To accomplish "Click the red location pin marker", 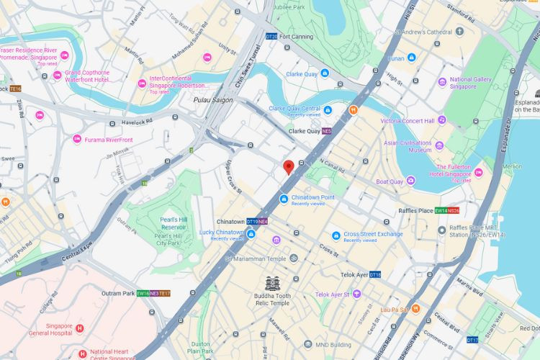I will pos(289,167).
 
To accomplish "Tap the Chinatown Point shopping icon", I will pos(284,198).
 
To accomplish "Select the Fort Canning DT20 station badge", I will pos(271,36).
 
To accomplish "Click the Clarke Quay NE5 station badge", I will pos(326,131).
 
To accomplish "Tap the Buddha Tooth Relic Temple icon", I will pos(273,283).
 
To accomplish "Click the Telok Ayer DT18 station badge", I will pos(375,275).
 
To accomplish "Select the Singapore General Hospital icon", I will pos(80,328).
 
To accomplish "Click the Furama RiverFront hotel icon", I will pos(77,139).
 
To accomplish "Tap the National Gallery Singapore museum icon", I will pos(442,83).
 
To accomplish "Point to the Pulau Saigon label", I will pos(213,100).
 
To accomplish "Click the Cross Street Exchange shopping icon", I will pos(336,235).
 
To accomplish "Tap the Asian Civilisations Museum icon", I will pos(439,145).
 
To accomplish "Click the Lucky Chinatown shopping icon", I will pos(251,233).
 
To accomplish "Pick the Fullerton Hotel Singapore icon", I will pos(479,172).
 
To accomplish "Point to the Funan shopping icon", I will pos(412,57).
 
